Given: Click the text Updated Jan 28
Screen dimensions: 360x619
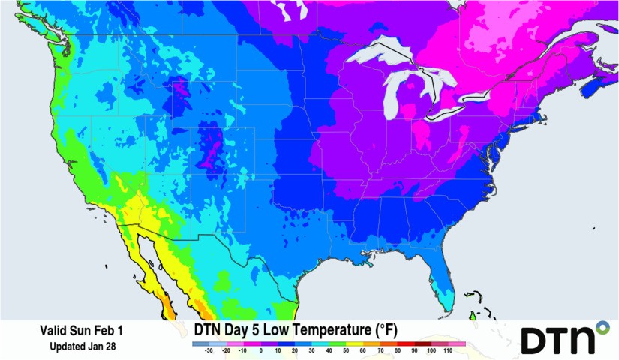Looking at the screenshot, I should point(83,346).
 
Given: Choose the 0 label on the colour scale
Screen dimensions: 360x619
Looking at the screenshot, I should point(260,350).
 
